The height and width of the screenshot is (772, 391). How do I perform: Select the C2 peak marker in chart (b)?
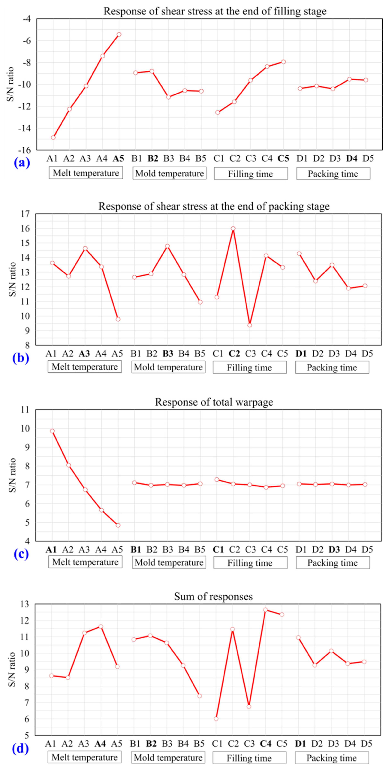[x=233, y=228]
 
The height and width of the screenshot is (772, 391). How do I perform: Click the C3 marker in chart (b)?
[x=250, y=325]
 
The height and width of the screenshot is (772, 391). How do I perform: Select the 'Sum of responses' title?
[x=213, y=596]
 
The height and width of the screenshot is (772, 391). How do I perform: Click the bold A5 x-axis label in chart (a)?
[x=118, y=158]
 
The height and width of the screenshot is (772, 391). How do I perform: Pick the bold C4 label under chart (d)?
[x=265, y=744]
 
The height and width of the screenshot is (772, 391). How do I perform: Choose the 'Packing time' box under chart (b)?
[x=332, y=367]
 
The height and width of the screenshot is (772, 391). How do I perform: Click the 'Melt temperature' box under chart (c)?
[x=85, y=562]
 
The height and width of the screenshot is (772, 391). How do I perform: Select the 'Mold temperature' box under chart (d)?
[x=168, y=758]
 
